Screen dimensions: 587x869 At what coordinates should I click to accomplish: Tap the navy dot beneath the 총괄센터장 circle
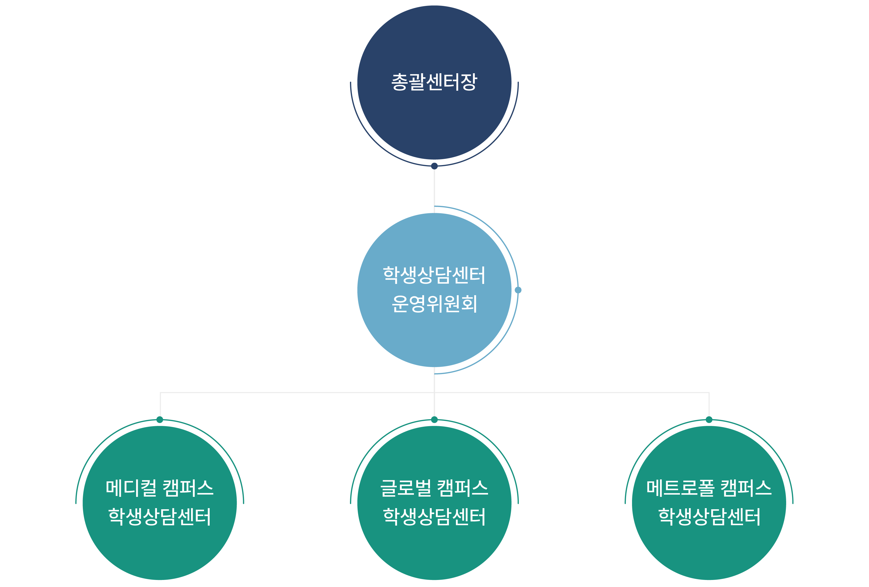point(434,166)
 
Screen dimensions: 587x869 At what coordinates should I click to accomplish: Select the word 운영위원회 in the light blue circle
point(434,304)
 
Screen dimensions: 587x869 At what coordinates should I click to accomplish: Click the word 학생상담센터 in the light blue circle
point(434,275)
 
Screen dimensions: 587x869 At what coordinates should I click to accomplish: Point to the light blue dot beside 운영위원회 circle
point(518,290)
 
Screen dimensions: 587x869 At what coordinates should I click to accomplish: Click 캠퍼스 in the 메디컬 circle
point(188,488)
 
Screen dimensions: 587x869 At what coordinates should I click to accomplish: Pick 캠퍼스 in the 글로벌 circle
point(463,488)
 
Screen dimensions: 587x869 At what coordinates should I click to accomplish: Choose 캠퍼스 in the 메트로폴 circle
point(746,488)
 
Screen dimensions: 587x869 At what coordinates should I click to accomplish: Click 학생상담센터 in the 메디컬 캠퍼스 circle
point(160,517)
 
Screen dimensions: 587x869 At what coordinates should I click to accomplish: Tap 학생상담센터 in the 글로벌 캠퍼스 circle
point(434,517)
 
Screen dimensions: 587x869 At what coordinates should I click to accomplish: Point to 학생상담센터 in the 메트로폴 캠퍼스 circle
point(709,517)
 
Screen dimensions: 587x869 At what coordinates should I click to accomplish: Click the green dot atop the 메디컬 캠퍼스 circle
point(160,419)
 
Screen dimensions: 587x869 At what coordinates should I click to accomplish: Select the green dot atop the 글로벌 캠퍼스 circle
point(434,419)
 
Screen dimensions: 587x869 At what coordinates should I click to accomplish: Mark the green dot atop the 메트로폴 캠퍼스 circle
point(709,419)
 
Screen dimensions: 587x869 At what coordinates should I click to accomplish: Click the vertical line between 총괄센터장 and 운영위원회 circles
point(434,187)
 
